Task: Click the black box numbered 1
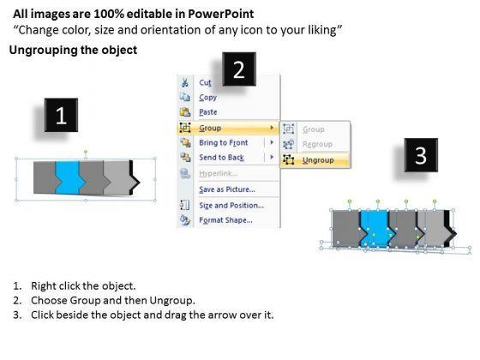point(61,115)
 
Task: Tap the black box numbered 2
point(239,69)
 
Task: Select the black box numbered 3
point(421,155)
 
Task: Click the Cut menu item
point(205,82)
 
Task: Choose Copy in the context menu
point(207,98)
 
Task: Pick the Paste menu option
point(208,112)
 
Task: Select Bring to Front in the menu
point(224,142)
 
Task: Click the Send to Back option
point(222,158)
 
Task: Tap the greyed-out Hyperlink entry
point(219,173)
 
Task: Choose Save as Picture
point(227,189)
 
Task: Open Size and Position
point(231,206)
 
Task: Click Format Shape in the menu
point(226,220)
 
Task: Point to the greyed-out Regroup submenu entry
point(317,144)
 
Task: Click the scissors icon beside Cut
point(185,82)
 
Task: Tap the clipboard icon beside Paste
point(185,112)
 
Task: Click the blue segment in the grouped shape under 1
point(69,177)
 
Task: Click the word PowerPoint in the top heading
point(221,14)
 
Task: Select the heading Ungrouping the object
point(73,51)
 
